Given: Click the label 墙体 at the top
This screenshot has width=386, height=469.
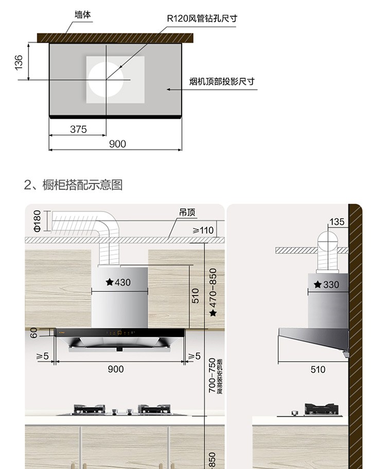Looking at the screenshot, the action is pyautogui.click(x=82, y=15).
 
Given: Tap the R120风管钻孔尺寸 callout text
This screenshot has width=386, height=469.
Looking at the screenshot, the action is pyautogui.click(x=202, y=19).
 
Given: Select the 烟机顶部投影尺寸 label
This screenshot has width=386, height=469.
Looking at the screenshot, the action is pyautogui.click(x=222, y=81).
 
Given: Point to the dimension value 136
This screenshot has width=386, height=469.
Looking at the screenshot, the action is pyautogui.click(x=19, y=62).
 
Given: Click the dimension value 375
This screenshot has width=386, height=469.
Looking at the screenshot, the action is pyautogui.click(x=78, y=129).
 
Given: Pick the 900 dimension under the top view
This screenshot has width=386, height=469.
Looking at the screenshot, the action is pyautogui.click(x=117, y=144).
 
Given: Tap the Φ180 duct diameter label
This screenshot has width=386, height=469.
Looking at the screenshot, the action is pyautogui.click(x=37, y=221).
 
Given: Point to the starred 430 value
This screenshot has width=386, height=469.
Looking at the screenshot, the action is pyautogui.click(x=118, y=282).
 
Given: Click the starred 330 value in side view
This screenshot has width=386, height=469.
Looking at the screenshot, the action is pyautogui.click(x=327, y=285).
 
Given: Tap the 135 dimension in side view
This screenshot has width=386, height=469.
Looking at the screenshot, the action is pyautogui.click(x=337, y=222).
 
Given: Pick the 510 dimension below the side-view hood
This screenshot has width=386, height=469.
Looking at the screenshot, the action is pyautogui.click(x=318, y=369).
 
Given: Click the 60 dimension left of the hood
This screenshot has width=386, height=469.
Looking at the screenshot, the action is pyautogui.click(x=34, y=333).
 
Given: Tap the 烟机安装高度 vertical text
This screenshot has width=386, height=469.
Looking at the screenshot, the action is pyautogui.click(x=220, y=377).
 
